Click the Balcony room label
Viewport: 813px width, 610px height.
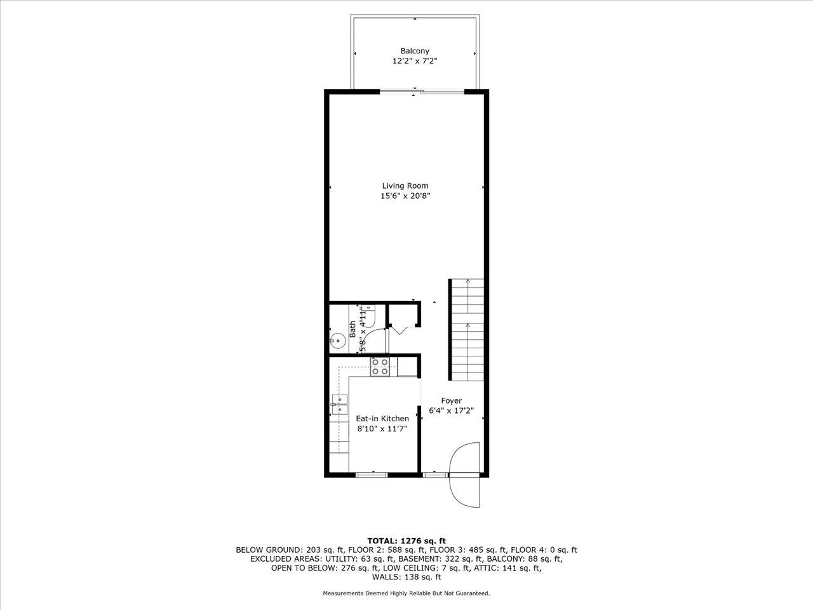coord(414,51)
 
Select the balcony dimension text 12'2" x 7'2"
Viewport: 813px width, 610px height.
coord(414,62)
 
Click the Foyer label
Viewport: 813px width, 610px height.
coord(452,400)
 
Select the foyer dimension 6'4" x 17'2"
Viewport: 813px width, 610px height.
coord(452,410)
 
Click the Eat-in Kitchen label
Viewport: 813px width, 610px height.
coord(382,418)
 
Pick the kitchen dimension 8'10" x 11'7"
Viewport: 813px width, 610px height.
coord(382,429)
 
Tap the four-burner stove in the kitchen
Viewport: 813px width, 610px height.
coord(380,367)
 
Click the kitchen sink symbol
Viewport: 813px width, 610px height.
coord(339,404)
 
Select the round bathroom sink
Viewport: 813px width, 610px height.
coord(337,341)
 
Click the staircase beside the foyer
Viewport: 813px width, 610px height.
coord(467,330)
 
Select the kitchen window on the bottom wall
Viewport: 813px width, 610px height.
coord(372,474)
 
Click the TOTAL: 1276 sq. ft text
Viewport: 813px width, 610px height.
coord(406,541)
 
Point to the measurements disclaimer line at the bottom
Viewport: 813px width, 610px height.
coord(406,593)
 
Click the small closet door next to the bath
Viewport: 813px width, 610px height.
coord(398,329)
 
